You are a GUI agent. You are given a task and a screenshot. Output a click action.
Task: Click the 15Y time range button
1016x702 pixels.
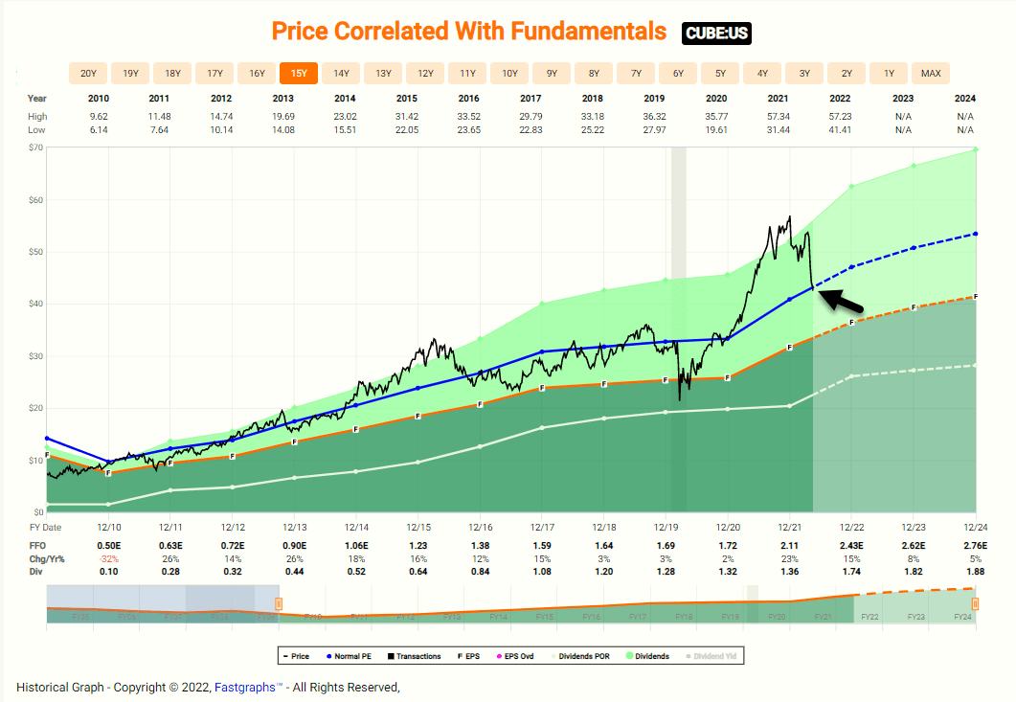299,73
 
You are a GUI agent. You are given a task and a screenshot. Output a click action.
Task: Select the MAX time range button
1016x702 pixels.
931,73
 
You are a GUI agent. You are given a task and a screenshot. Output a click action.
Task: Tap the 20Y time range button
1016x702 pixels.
88,73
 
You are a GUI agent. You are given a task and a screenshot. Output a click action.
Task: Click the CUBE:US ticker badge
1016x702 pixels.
716,34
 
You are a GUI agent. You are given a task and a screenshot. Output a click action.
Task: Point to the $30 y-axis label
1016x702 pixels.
36,356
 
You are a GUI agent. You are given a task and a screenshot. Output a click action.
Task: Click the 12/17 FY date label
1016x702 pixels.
542,527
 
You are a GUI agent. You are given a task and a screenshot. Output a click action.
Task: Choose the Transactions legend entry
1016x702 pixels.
416,656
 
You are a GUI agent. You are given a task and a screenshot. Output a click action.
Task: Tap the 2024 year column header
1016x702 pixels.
964,99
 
